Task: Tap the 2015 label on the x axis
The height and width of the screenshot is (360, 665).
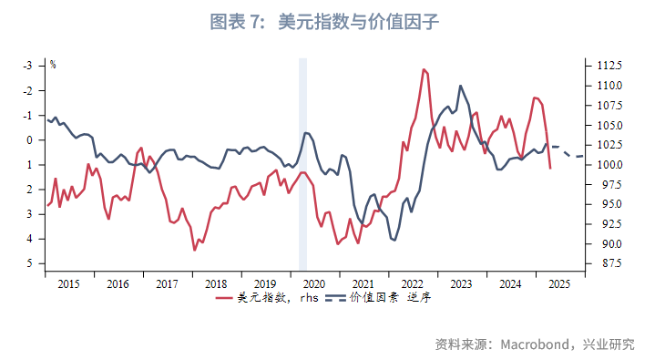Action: tap(69, 283)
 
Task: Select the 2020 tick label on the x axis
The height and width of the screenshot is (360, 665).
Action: tap(313, 283)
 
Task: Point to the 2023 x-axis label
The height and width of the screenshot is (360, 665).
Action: tap(461, 283)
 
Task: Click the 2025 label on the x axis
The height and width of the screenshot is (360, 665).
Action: tap(558, 283)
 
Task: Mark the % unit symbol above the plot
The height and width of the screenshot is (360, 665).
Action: tap(53, 65)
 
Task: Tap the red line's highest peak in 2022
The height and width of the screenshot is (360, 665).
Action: tap(424, 69)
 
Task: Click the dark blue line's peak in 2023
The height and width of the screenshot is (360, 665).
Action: tap(460, 86)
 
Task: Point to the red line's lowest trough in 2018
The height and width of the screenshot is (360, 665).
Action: tap(194, 250)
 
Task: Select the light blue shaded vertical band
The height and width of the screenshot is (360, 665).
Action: tap(303, 164)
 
